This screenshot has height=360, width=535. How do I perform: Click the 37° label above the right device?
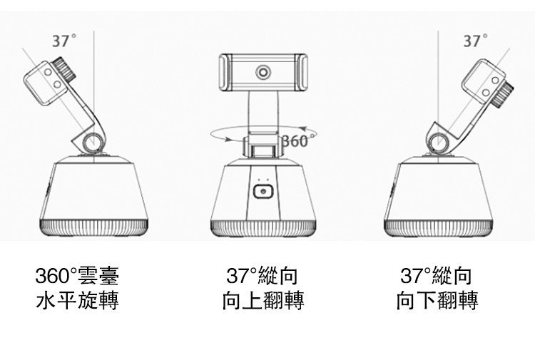point(472,41)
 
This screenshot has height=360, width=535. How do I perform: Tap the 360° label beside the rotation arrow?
point(295,140)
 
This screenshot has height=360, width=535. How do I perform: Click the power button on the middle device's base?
point(263,192)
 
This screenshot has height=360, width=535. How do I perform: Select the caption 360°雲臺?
point(77,276)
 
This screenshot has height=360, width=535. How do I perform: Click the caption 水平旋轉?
point(77,301)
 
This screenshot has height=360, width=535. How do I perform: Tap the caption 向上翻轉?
point(263,301)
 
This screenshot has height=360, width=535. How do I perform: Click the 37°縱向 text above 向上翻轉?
point(262,276)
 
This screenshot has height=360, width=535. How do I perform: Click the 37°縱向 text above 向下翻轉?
point(437,276)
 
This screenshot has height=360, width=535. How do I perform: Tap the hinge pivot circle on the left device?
point(94,143)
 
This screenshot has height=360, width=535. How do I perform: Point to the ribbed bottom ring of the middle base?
point(263,227)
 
